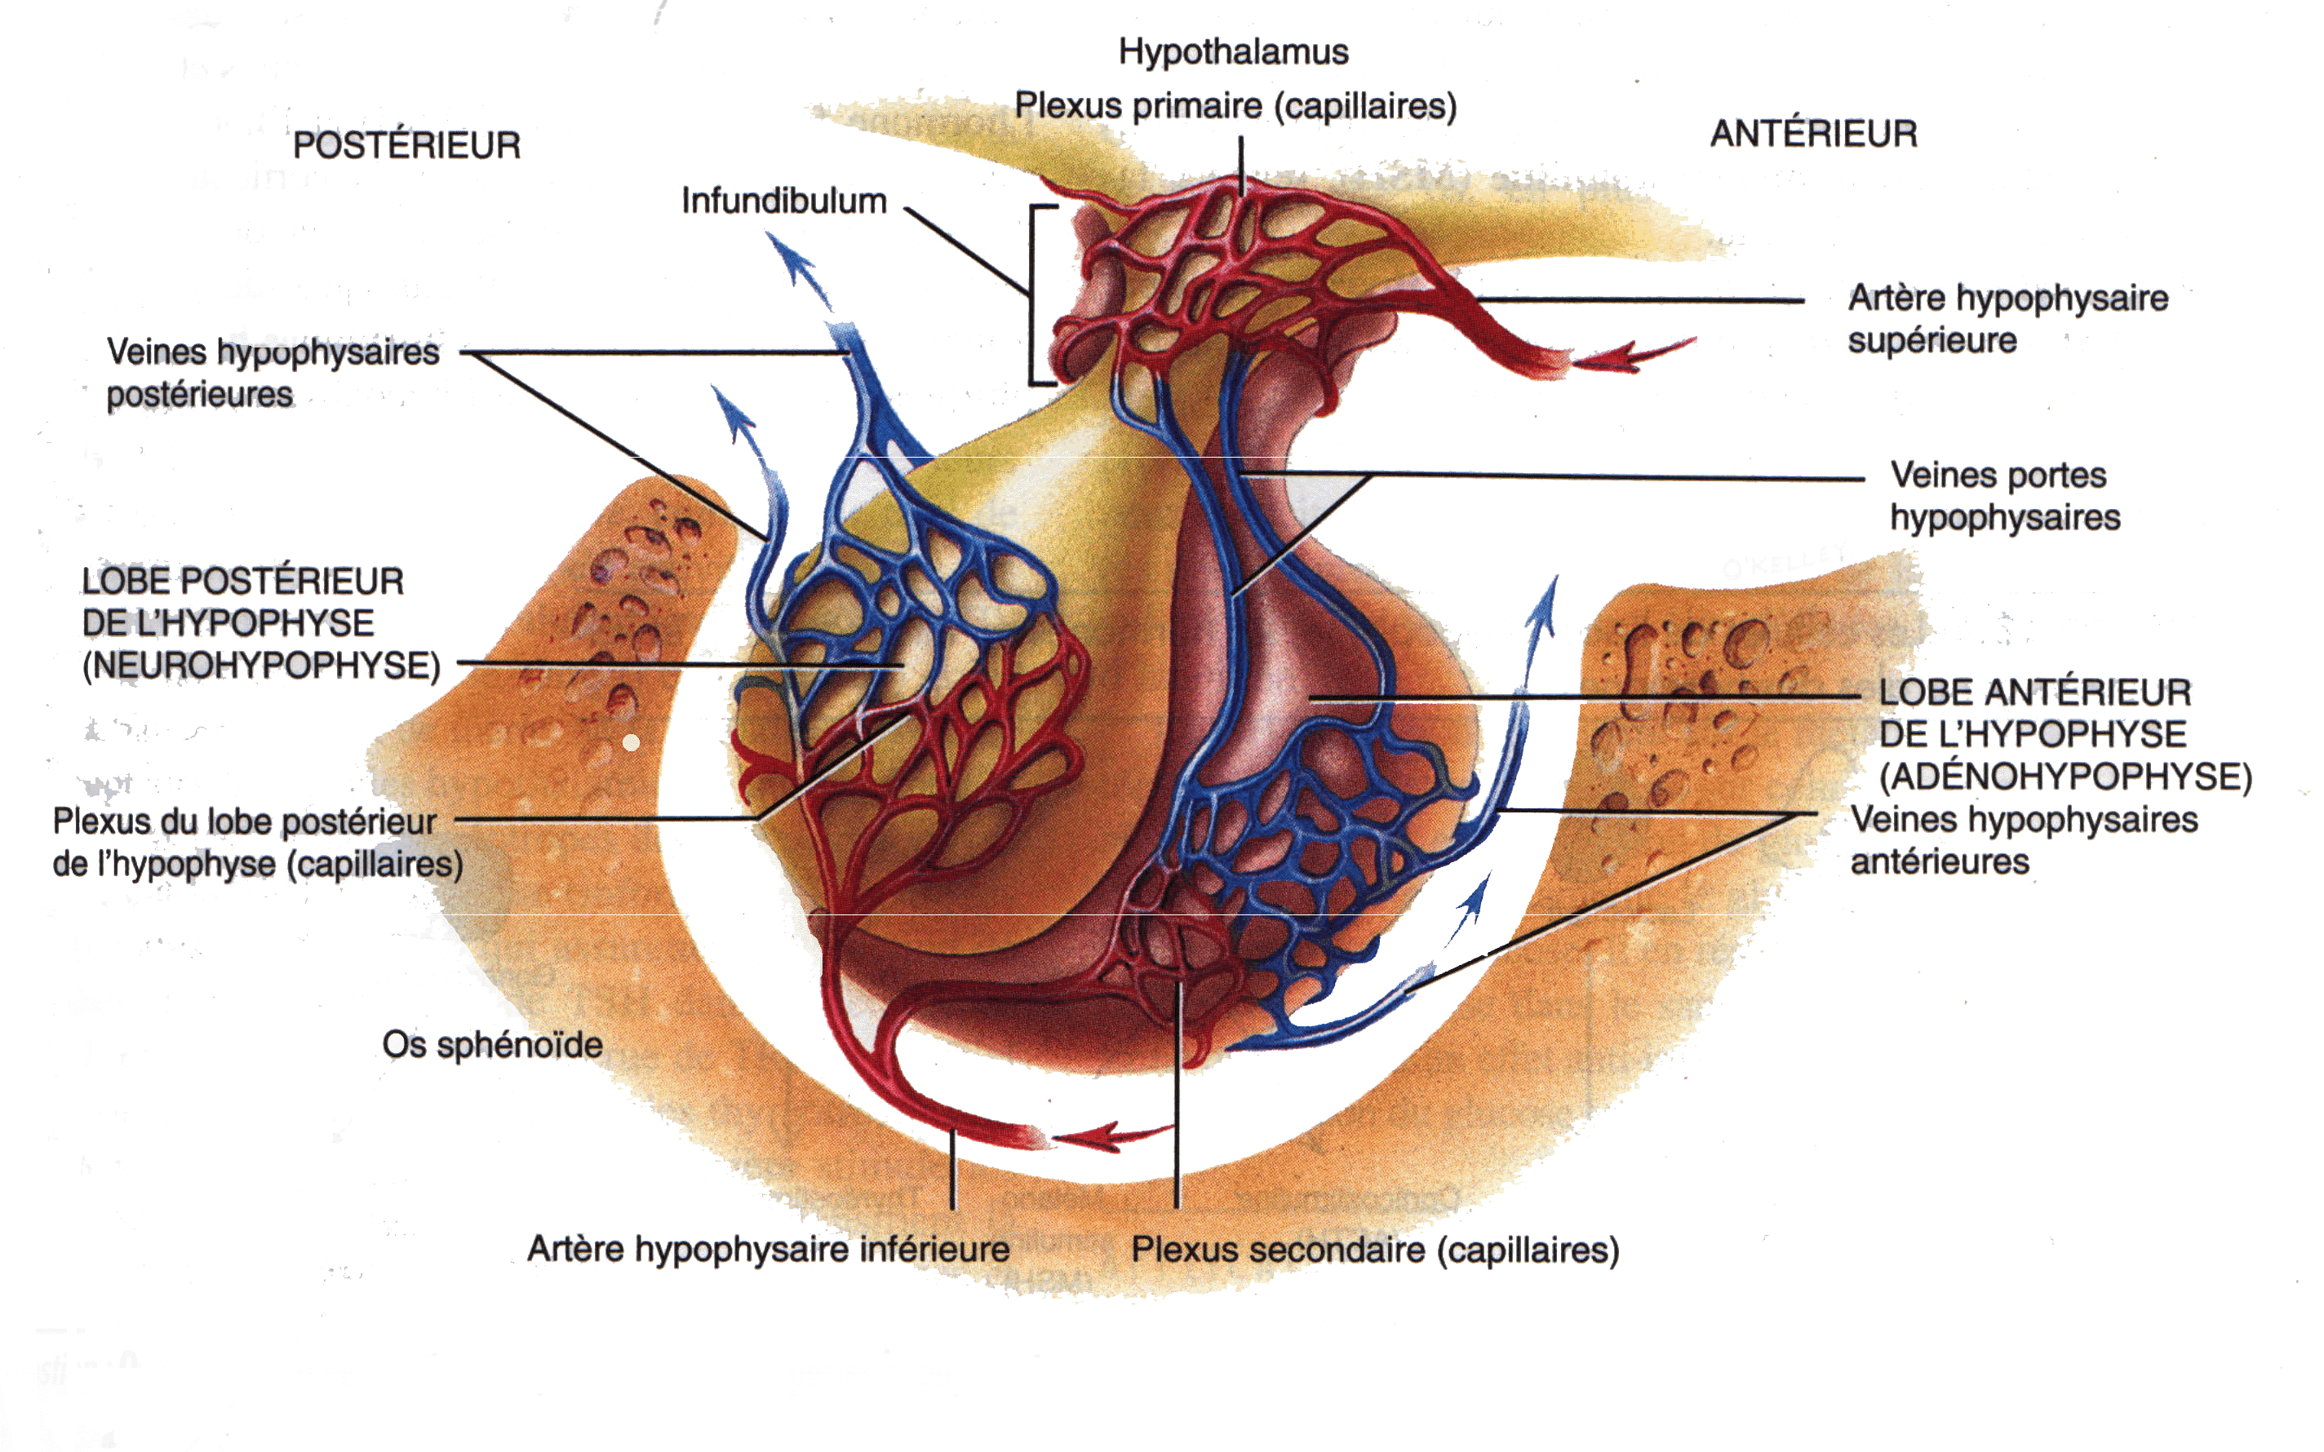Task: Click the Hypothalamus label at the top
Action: point(1233,52)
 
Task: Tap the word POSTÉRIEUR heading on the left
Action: point(406,146)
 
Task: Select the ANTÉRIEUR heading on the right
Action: point(1813,135)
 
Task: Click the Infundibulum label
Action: point(783,201)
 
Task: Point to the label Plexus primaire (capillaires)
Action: point(1235,105)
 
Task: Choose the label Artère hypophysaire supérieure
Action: point(2007,319)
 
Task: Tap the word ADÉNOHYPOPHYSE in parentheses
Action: point(2065,777)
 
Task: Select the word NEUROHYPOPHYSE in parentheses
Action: point(261,666)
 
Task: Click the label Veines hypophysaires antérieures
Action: point(2024,841)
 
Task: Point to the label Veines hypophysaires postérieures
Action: point(273,373)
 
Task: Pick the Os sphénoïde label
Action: point(492,1045)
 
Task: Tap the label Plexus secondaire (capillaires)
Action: point(1374,1251)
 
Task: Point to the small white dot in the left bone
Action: point(631,742)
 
